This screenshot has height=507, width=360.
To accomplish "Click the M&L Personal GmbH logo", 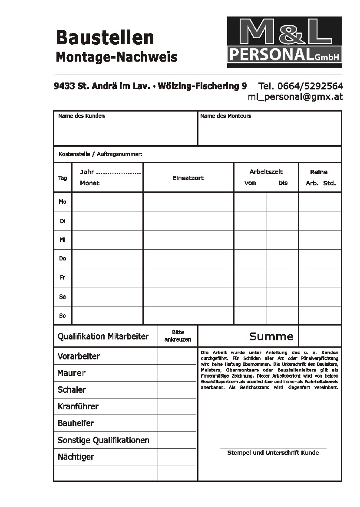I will click(284, 42).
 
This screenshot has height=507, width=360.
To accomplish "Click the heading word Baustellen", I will click(105, 38).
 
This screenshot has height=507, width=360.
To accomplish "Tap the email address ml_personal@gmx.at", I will click(295, 97).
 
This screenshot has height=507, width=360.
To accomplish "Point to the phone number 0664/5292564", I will click(310, 86).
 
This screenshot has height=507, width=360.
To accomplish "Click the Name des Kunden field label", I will click(81, 116).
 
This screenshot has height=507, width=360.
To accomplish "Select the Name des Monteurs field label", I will click(225, 116).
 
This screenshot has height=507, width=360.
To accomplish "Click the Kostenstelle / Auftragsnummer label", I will click(100, 154).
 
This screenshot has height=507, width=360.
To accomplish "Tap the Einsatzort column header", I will click(188, 178).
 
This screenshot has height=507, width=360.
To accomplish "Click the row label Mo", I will click(63, 202).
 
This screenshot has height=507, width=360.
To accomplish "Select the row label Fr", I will click(63, 277).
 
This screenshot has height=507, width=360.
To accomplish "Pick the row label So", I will click(63, 316).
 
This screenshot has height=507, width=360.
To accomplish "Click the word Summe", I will click(271, 336).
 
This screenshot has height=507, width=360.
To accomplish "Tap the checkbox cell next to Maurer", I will click(177, 373).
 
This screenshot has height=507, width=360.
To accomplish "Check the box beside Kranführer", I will click(177, 407).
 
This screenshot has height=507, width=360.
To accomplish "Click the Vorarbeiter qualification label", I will click(79, 356).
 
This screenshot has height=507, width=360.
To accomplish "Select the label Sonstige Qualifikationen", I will click(103, 440).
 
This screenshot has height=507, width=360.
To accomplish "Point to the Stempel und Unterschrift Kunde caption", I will click(273, 453).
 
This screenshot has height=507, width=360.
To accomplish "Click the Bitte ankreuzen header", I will click(178, 336).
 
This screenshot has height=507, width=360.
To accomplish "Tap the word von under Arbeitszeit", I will click(251, 183).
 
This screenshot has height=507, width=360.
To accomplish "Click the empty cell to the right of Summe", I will click(320, 336).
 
